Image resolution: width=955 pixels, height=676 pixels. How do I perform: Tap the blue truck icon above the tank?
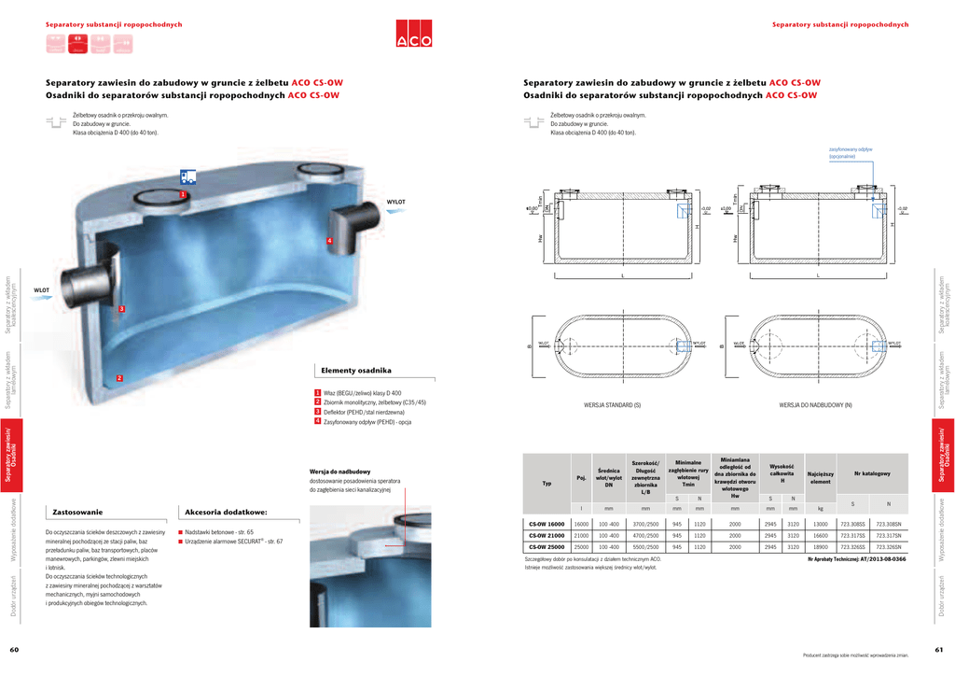(188, 176)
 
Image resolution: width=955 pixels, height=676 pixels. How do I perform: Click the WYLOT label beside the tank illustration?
(396, 202)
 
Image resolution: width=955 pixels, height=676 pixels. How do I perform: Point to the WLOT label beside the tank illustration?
(42, 290)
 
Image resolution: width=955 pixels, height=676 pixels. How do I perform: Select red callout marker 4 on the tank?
(329, 242)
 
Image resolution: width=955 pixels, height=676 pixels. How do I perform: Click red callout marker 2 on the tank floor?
(119, 377)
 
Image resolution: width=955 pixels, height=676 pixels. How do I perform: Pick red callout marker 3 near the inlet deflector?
(121, 308)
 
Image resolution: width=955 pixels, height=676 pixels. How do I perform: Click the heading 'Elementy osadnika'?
(356, 371)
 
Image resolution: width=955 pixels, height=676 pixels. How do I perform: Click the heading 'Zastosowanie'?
(78, 512)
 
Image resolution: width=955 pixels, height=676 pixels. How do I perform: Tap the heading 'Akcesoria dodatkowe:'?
(227, 512)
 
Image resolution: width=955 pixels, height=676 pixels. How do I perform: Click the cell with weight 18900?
(821, 547)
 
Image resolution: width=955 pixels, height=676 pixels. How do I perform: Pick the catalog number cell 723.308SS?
(852, 525)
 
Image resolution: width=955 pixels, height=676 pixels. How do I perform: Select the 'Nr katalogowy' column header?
(871, 473)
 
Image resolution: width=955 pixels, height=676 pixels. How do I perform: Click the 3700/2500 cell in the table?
(645, 525)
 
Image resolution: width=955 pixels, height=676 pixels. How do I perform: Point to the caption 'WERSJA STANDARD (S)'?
(613, 405)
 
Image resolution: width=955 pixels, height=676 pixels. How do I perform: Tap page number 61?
(939, 650)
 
